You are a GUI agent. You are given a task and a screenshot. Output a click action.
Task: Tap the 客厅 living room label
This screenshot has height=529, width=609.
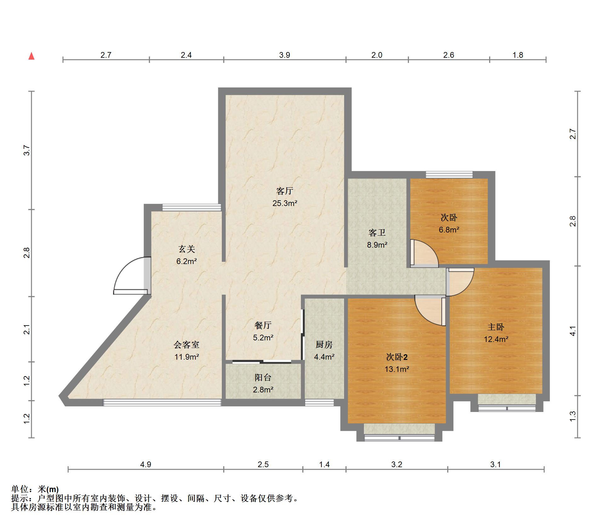pyautogui.click(x=284, y=191)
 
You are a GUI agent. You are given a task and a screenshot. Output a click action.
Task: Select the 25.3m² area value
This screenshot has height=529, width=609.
pyautogui.click(x=285, y=203)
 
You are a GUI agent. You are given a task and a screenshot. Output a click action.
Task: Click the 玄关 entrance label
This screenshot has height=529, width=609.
pyautogui.click(x=187, y=249)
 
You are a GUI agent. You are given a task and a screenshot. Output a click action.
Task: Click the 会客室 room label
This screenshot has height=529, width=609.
pyautogui.click(x=187, y=345)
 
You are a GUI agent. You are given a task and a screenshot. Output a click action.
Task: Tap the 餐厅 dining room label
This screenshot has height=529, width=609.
pyautogui.click(x=263, y=325)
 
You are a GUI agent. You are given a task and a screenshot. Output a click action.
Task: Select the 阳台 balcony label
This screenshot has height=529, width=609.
pyautogui.click(x=263, y=378)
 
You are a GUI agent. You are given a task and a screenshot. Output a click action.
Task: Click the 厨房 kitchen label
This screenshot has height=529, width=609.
pyautogui.click(x=324, y=345)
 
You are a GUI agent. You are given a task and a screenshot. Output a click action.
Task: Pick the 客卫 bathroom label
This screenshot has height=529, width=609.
pyautogui.click(x=377, y=233)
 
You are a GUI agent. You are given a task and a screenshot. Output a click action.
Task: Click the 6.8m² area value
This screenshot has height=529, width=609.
pyautogui.click(x=449, y=230)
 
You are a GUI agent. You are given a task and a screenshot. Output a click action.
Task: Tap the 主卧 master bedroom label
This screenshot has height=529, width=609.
pyautogui.click(x=496, y=327)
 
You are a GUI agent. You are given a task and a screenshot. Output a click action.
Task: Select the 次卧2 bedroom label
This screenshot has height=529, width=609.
pyautogui.click(x=397, y=357)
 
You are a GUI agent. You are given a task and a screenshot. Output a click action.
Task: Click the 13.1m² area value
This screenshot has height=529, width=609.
pyautogui.click(x=397, y=369)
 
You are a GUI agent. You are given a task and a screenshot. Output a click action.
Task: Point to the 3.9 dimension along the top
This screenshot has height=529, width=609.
pyautogui.click(x=284, y=55)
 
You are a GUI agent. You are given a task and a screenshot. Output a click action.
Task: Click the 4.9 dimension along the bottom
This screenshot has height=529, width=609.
pyautogui.click(x=146, y=464)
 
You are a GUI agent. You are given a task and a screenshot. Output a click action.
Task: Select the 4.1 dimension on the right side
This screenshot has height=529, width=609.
pyautogui.click(x=572, y=331)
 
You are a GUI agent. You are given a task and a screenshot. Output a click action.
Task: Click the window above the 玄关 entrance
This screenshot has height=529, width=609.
pyautogui.click(x=192, y=207)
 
